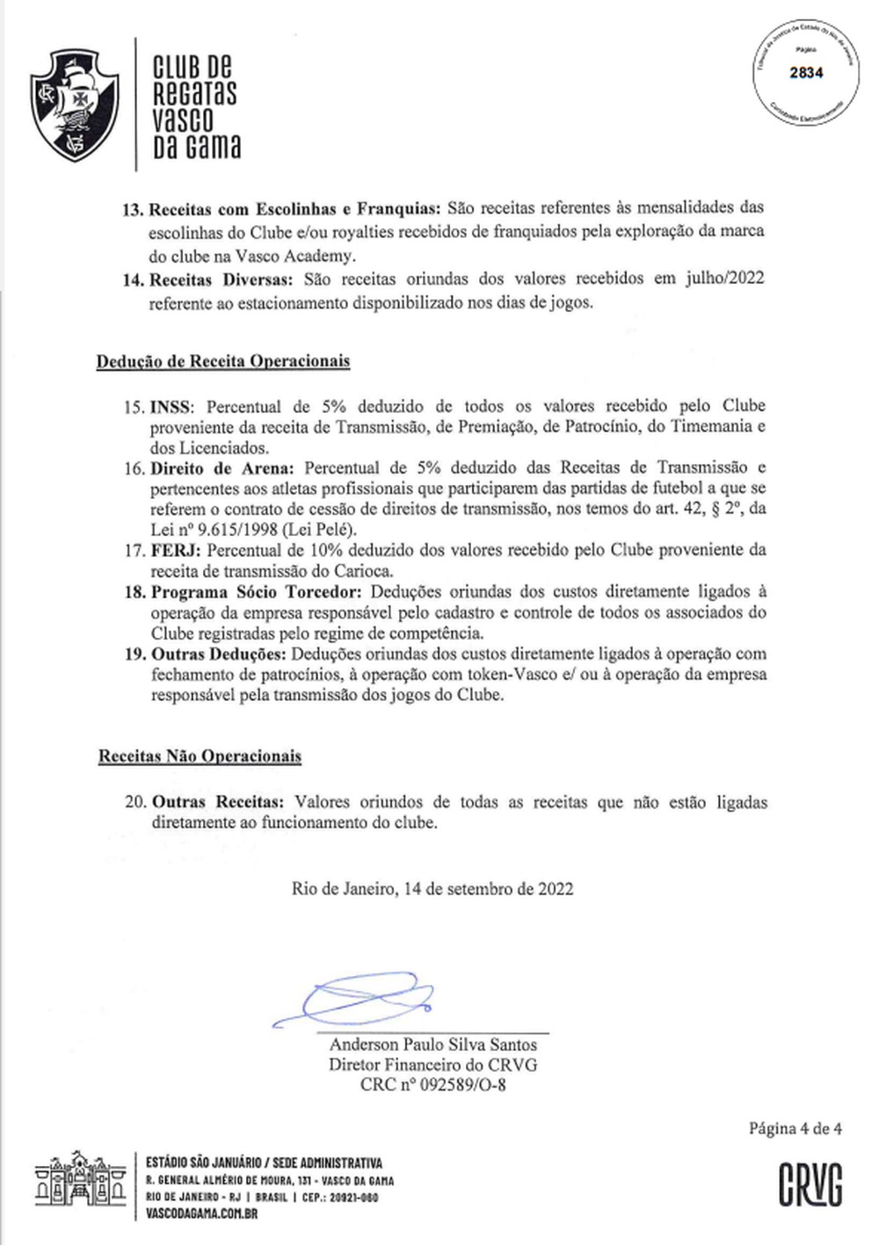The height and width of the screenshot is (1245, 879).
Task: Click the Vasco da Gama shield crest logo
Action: [x=74, y=104]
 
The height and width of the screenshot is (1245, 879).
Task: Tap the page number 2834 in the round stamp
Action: [x=805, y=74]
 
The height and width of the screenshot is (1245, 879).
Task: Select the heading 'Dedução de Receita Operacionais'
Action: [x=223, y=361]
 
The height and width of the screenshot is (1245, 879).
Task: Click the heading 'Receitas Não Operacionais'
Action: [x=200, y=756]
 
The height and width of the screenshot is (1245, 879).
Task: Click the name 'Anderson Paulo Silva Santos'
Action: [x=432, y=1045]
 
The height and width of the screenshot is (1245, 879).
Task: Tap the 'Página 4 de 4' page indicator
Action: [x=795, y=1129]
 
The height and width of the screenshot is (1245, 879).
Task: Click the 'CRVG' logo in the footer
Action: [x=810, y=1184]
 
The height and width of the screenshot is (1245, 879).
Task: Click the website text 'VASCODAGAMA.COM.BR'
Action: [x=201, y=1214]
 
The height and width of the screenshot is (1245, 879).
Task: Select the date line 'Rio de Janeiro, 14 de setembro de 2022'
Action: [x=432, y=888]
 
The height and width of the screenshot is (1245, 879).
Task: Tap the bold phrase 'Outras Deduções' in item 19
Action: [x=218, y=655]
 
